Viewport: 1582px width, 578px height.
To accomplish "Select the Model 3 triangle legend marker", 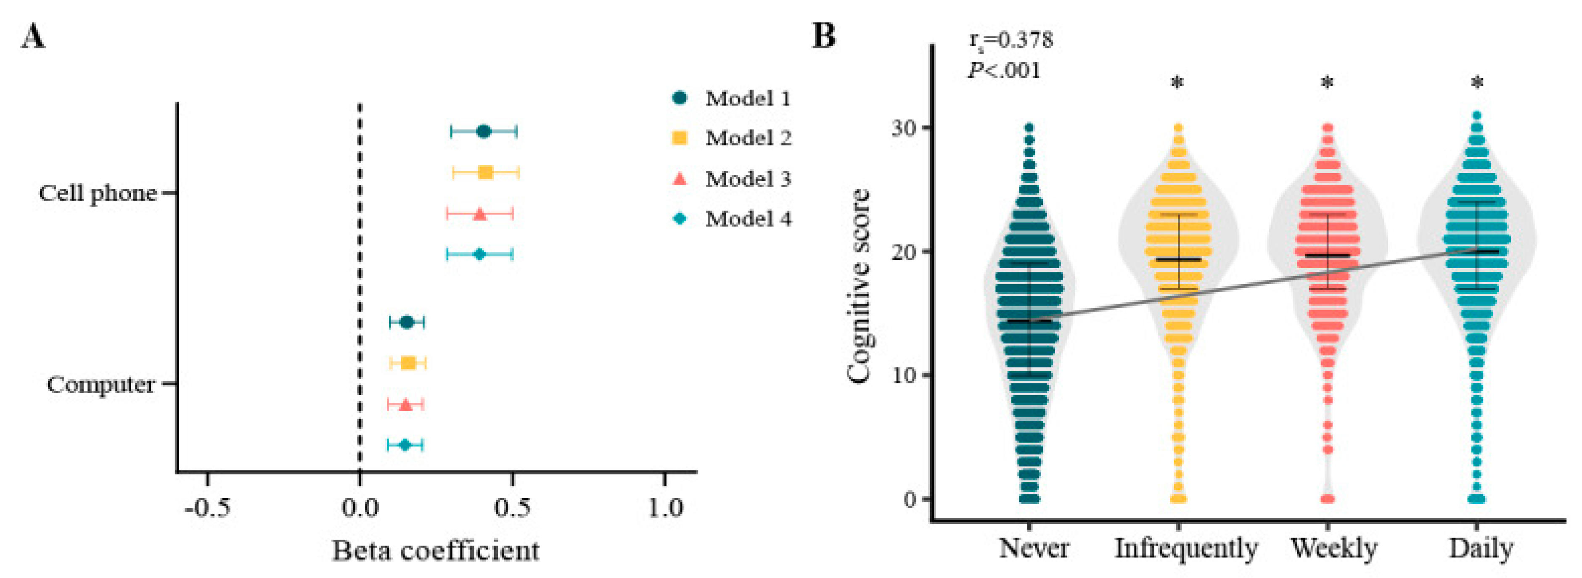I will point(680,179).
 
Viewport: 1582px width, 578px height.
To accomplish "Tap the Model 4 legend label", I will point(748,219).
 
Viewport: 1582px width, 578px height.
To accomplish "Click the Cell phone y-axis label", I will point(98,193).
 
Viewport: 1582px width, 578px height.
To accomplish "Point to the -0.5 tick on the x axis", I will point(208,509).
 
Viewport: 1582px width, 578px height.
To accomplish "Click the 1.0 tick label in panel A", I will point(666,509).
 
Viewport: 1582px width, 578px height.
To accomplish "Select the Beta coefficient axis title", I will point(435,550).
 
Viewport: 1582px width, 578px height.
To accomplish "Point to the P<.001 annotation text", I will point(1005,71).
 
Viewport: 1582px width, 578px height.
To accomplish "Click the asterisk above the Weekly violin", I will point(1327,83).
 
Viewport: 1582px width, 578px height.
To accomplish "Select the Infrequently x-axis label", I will point(1186,548).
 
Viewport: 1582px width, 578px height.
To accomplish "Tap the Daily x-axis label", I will point(1481,548).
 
